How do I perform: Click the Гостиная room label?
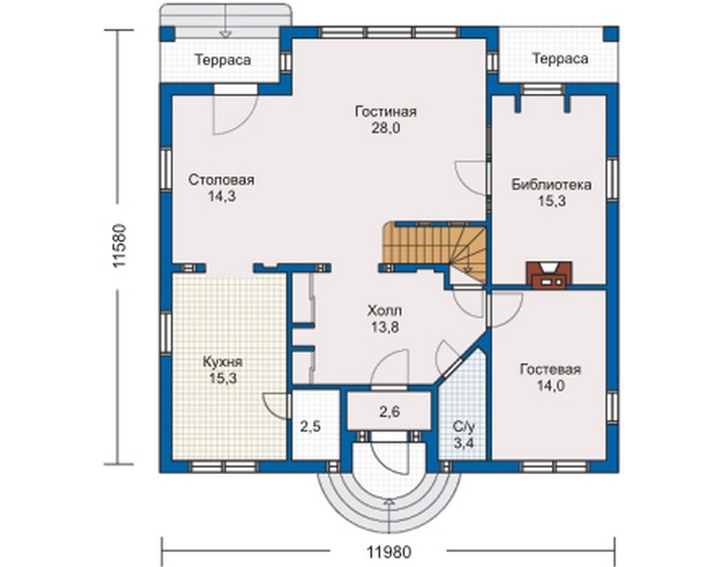386,112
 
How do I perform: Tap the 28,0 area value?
386,128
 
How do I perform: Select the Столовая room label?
221,180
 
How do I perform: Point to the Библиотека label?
552,184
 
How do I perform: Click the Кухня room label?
223,362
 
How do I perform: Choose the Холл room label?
385,310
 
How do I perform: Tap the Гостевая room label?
550,369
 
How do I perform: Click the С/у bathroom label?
464,426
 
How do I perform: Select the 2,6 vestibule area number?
389,411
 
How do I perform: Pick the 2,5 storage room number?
310,426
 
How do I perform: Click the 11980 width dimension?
389,552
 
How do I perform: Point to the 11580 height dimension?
119,246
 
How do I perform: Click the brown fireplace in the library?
548,275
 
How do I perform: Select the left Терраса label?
223,60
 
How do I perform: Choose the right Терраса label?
561,59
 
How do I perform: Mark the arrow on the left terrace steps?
226,21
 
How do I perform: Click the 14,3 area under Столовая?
221,196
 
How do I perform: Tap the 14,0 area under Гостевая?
550,386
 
